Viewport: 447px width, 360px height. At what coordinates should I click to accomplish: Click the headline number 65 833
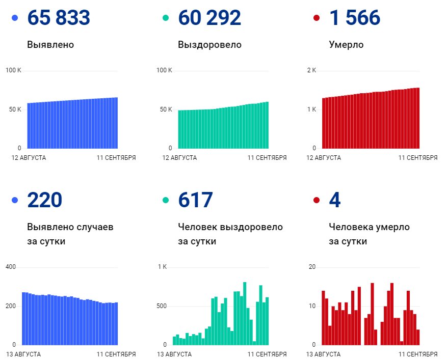[59, 18]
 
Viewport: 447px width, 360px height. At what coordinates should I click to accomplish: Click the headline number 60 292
[209, 18]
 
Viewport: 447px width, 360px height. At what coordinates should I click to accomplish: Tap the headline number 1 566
[355, 18]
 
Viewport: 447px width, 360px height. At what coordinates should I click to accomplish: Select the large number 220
[45, 200]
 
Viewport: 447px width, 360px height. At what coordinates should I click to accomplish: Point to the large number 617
[195, 200]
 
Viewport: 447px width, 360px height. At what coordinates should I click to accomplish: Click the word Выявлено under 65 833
[50, 45]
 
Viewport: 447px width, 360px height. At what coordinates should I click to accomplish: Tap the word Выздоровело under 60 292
[209, 45]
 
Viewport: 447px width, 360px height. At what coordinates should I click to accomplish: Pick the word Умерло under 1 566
[346, 45]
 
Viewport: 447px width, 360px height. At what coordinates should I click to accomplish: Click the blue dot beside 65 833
[15, 18]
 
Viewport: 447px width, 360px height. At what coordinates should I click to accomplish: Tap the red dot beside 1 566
[317, 18]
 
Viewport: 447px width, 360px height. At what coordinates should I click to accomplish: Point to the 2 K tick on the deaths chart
[311, 70]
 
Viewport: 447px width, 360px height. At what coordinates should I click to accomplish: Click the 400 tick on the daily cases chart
[11, 267]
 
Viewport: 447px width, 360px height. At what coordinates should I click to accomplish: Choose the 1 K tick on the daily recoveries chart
[162, 267]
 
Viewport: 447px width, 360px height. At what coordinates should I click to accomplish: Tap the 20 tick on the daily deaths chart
[312, 267]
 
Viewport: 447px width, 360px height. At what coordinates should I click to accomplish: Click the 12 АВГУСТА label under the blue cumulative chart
[29, 158]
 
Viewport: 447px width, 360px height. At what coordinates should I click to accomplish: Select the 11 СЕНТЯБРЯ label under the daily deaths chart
[418, 354]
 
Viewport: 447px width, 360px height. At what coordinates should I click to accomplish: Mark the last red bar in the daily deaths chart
[418, 337]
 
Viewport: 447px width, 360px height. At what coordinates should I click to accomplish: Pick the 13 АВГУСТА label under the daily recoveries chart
[174, 354]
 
